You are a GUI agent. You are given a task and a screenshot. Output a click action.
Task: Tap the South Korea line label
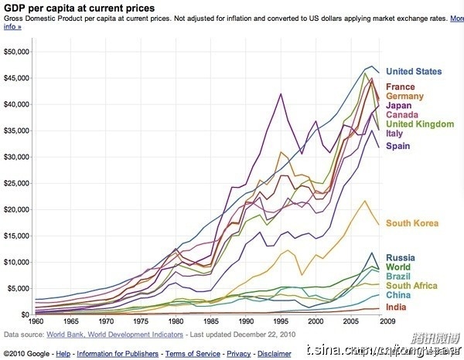(412, 224)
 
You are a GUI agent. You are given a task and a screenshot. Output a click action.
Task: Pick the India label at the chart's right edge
(397, 307)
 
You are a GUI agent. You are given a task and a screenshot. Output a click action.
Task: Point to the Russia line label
(401, 258)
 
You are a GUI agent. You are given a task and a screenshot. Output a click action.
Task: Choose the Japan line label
(399, 107)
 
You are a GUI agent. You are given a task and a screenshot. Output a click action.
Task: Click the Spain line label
(398, 146)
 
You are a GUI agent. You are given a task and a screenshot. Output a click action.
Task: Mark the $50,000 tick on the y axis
(16, 52)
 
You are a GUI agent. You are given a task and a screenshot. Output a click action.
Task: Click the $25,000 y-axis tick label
(16, 183)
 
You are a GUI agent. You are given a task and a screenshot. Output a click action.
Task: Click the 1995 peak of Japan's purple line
(281, 93)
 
